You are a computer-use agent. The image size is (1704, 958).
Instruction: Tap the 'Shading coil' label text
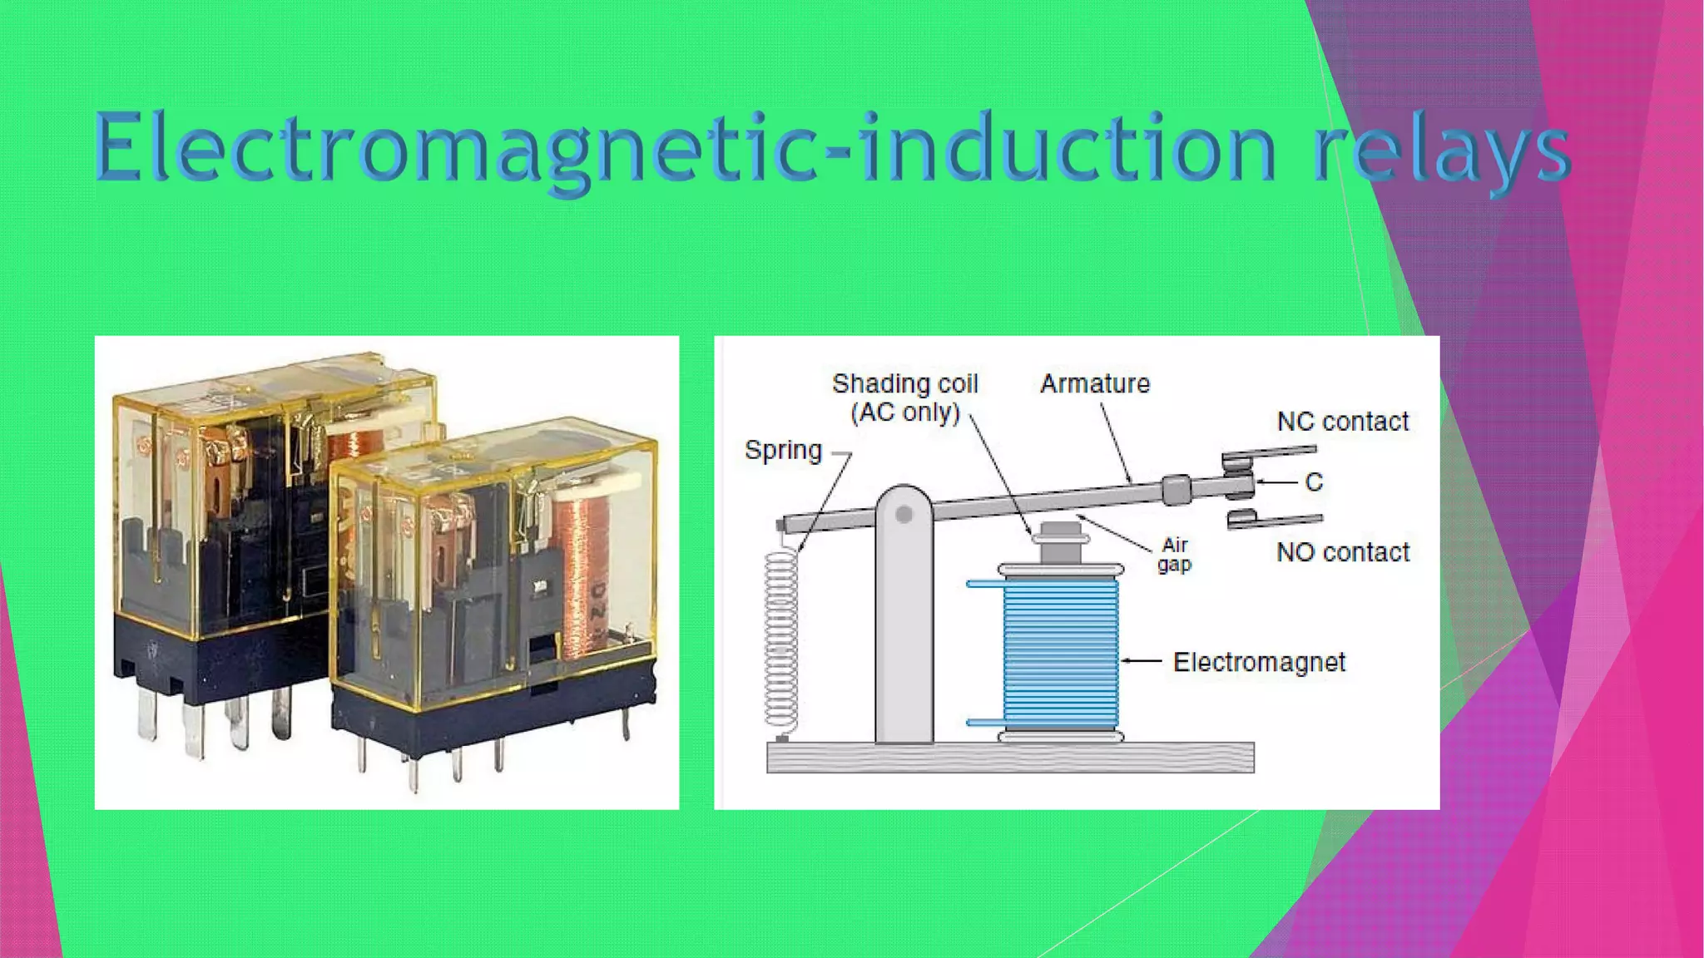(904, 383)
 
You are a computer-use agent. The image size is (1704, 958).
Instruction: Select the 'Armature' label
(1095, 383)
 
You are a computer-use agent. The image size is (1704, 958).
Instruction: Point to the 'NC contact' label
(1342, 422)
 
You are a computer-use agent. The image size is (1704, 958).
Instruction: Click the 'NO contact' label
(1343, 552)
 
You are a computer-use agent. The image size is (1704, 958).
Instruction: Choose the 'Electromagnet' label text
(1259, 662)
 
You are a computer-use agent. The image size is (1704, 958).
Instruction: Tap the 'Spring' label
(783, 450)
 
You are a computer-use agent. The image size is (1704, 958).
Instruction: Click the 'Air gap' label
(1174, 554)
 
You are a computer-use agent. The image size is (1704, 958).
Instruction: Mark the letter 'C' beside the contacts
(1314, 482)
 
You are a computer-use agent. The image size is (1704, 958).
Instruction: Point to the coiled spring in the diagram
(780, 640)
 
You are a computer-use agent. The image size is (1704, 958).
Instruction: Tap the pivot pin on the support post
(904, 516)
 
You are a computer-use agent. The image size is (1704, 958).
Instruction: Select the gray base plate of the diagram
(1009, 758)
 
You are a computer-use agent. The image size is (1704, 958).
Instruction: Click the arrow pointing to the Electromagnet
(1142, 661)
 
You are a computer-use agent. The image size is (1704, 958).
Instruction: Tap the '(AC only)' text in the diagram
(905, 412)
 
